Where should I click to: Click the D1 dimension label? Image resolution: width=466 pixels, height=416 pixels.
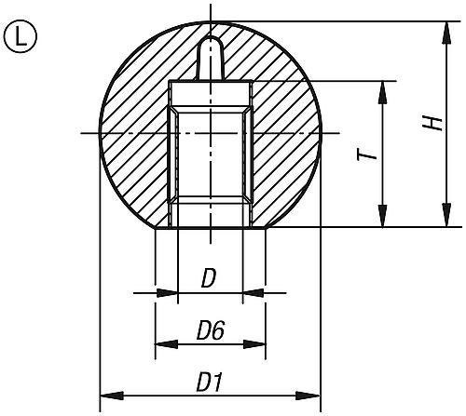(209, 382)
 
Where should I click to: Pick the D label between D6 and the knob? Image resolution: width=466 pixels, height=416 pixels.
(209, 278)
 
